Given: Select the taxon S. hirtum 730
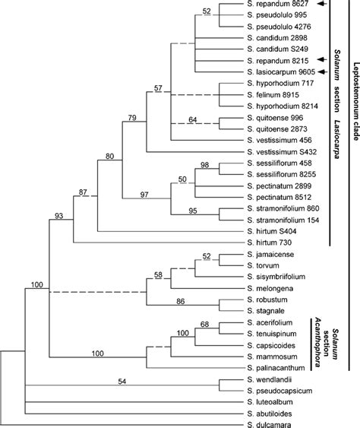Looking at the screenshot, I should [270, 242].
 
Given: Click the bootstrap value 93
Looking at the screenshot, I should [58, 217].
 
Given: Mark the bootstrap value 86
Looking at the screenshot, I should [182, 301].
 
